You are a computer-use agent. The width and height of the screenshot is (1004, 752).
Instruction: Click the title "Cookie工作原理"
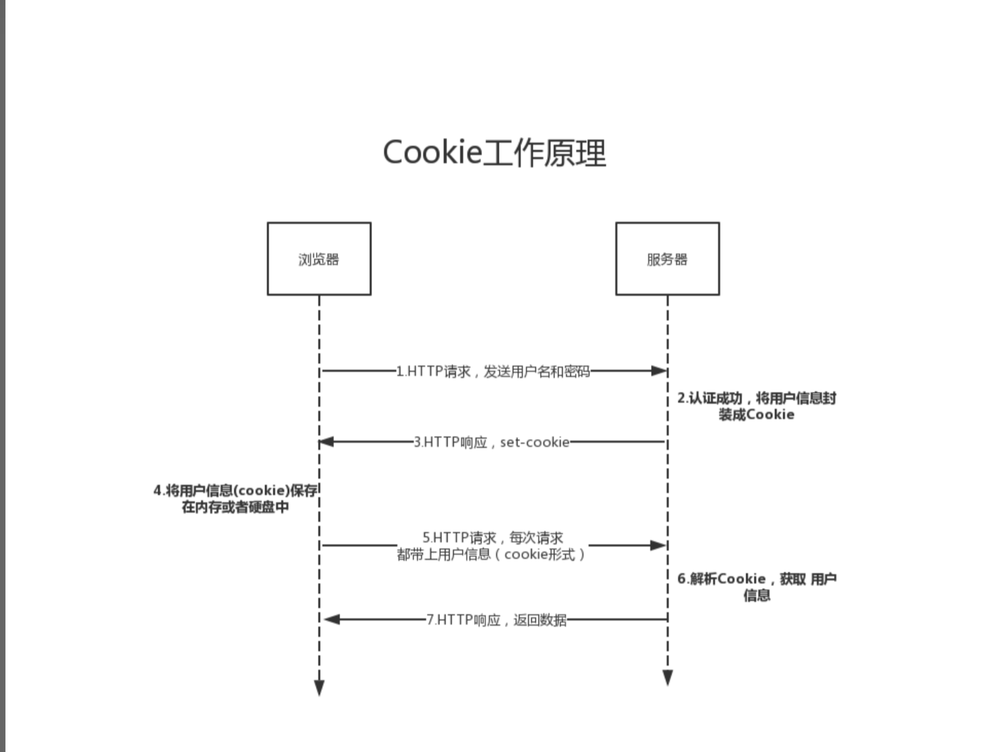[x=493, y=152]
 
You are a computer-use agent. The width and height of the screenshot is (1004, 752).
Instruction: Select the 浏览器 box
[x=319, y=259]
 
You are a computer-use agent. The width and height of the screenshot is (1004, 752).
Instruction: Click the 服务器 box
[x=667, y=259]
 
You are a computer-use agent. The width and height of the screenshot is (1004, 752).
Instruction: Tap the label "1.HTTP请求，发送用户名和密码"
[x=493, y=371]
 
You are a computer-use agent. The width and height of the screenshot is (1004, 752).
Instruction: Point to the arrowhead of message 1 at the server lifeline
[x=659, y=371]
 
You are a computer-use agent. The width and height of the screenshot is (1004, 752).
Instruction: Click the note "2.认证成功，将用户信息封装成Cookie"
[x=756, y=406]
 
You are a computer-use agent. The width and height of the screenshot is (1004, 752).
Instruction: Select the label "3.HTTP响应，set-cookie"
[x=491, y=442]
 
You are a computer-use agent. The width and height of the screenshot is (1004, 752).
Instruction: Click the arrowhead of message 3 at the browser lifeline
[x=327, y=442]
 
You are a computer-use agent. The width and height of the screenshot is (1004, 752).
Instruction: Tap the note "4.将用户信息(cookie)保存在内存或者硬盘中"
[x=235, y=499]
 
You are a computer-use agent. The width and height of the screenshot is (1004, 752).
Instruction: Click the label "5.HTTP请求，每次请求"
[x=492, y=538]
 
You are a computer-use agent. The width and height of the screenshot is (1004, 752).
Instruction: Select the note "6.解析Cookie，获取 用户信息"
[x=756, y=586]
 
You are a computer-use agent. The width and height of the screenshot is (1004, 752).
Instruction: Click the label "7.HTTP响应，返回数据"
[x=496, y=620]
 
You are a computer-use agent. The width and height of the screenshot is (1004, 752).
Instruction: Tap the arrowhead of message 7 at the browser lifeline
[x=332, y=619]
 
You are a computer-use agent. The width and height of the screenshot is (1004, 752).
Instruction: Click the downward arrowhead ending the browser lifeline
[x=319, y=688]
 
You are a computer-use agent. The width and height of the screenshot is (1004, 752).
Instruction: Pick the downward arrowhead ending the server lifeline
[x=668, y=677]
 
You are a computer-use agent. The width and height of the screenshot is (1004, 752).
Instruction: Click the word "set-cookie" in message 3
[x=535, y=442]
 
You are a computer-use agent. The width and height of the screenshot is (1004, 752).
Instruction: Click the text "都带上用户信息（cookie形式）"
[x=491, y=555]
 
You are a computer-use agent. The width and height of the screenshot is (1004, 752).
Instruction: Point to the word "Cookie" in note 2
[x=770, y=414]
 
